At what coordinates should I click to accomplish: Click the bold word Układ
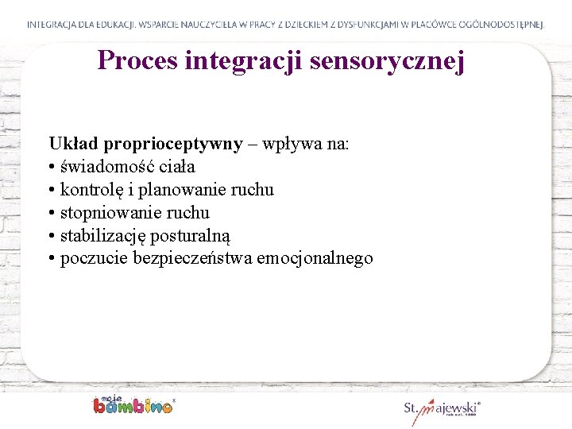pos(70,144)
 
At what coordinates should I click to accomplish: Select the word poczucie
pos(95,259)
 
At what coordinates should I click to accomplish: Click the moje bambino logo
pos(133,404)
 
